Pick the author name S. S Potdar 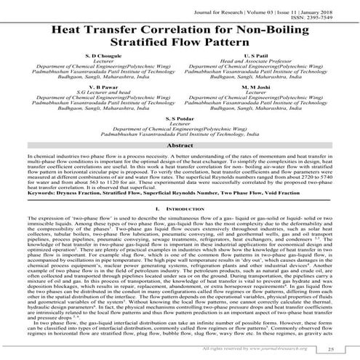click(x=179, y=137)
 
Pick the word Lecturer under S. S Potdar click(x=179, y=143)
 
